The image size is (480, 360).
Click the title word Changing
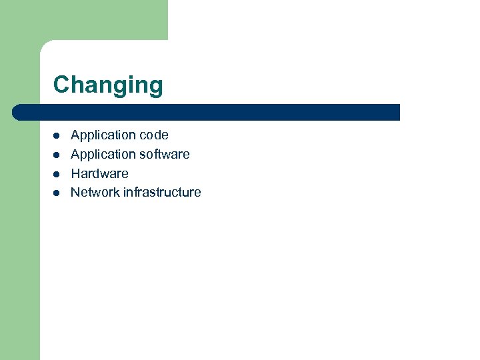108,85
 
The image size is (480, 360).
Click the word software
165,155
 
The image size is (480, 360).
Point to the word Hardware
99,173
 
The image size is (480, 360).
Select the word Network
95,193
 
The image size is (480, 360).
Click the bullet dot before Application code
57,135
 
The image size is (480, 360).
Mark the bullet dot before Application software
57,155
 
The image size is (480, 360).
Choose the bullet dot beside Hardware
57,174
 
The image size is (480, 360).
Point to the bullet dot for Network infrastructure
57,193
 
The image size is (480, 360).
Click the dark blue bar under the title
207,112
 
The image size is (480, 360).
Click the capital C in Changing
61,85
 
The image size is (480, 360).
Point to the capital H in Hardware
75,173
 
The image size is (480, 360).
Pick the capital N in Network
75,193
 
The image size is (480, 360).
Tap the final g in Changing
155,87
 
